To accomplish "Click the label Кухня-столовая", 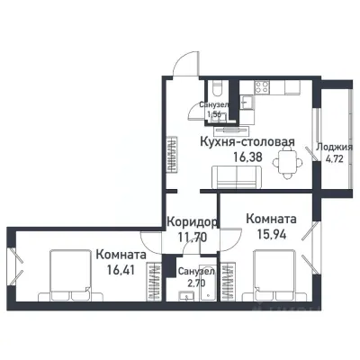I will (x=241, y=141).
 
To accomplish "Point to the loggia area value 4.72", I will (x=336, y=162).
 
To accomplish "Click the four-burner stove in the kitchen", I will (x=262, y=88).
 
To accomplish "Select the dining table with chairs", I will (x=286, y=162).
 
